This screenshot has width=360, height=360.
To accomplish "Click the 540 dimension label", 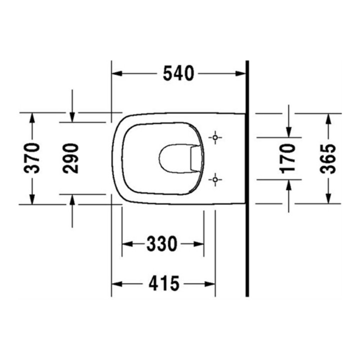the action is (x=178, y=73).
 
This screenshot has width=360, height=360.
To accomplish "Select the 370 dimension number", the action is (x=32, y=158).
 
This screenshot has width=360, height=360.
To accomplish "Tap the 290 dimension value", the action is (x=70, y=158).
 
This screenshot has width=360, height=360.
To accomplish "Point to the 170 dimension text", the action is (x=287, y=158).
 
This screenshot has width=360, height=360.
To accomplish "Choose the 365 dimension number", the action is (x=328, y=158).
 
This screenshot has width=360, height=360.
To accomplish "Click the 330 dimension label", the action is (x=162, y=244).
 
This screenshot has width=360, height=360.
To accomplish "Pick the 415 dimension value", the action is (x=164, y=284).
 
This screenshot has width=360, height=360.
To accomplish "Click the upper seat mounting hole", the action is (x=215, y=137).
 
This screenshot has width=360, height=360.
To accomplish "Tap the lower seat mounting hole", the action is (x=215, y=179).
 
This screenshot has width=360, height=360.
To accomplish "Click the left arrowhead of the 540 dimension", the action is (x=116, y=73).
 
